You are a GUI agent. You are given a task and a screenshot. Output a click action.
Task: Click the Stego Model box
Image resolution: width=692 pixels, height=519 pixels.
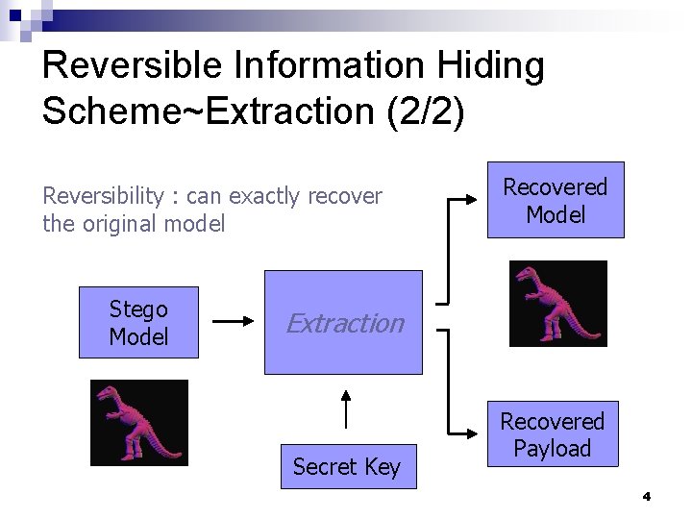pos(138,323)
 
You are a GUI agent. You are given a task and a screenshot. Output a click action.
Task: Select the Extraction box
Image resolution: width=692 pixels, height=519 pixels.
pos(343,322)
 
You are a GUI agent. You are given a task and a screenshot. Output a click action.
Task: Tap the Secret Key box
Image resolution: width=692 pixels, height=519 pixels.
pos(348,466)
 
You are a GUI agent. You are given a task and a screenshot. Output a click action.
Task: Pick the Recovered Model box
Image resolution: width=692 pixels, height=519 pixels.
pos(556,200)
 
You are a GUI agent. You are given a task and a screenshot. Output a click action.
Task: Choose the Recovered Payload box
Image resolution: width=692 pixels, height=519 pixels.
pos(552,434)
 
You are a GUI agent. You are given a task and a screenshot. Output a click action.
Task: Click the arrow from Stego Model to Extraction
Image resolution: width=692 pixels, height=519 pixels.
pos(232,323)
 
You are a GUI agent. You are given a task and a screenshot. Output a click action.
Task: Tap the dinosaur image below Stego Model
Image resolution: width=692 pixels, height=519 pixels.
pos(139,423)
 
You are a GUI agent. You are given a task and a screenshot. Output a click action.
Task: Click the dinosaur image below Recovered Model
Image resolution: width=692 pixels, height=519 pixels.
pos(557,304)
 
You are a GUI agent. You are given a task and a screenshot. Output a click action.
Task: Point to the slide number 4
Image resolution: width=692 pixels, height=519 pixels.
pos(646,497)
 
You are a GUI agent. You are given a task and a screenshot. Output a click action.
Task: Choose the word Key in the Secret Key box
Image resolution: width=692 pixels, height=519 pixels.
pos(383,466)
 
